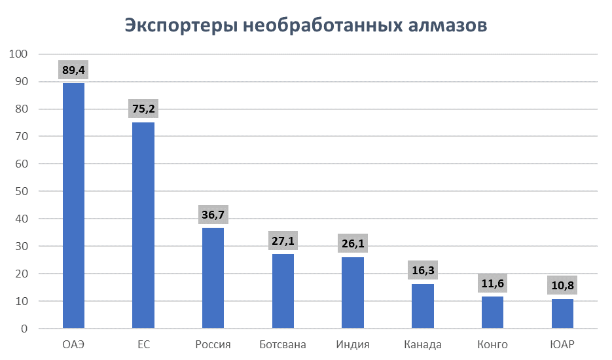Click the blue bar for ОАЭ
tap(73, 206)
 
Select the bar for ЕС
tap(143, 225)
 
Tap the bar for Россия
tap(213, 278)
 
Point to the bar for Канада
tap(423, 306)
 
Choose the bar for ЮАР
tap(562, 314)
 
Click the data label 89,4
tap(73, 69)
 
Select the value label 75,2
tap(143, 109)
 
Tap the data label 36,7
tap(213, 214)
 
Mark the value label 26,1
tap(353, 243)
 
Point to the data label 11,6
tap(492, 283)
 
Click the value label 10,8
tap(562, 285)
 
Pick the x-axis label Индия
tap(353, 345)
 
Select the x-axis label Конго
tap(492, 345)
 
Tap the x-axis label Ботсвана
tap(283, 345)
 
